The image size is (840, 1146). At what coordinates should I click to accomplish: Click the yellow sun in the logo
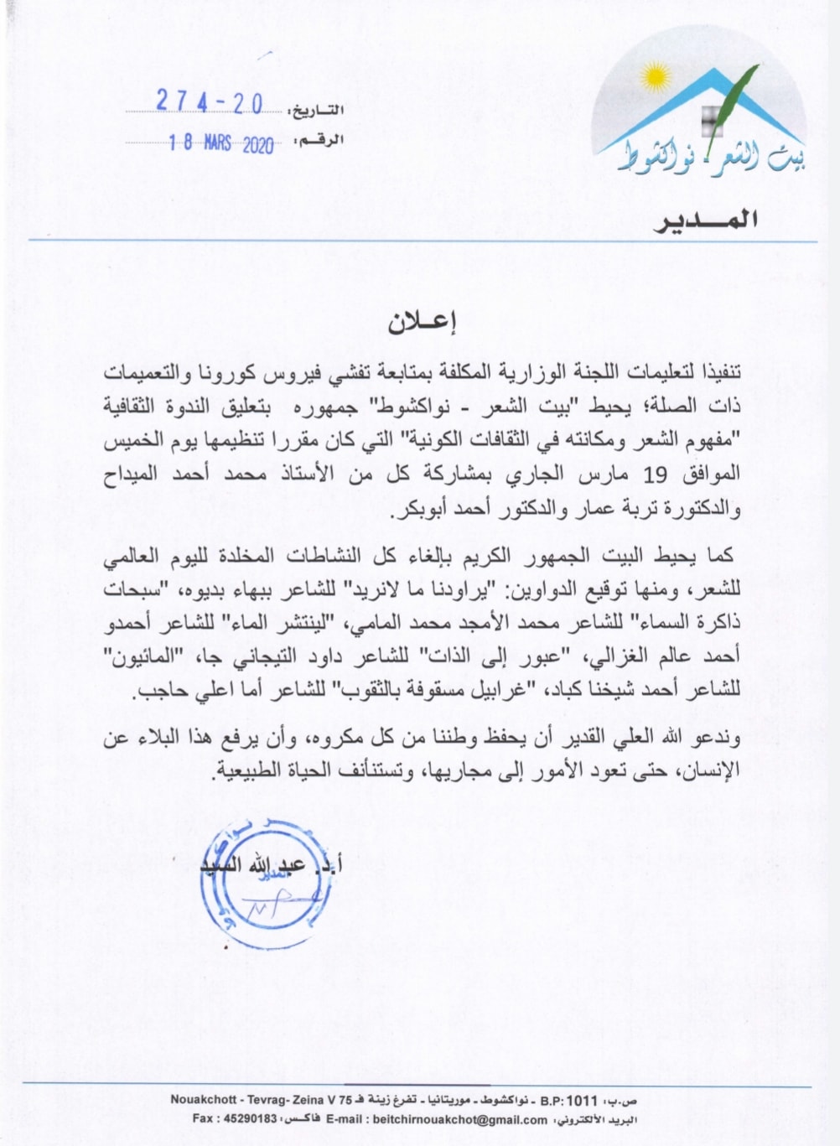tap(656, 80)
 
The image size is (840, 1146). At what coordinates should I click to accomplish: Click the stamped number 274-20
tap(209, 102)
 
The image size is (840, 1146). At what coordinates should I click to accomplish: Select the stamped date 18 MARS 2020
tap(220, 143)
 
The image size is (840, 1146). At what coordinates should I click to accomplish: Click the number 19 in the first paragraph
tap(654, 475)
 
